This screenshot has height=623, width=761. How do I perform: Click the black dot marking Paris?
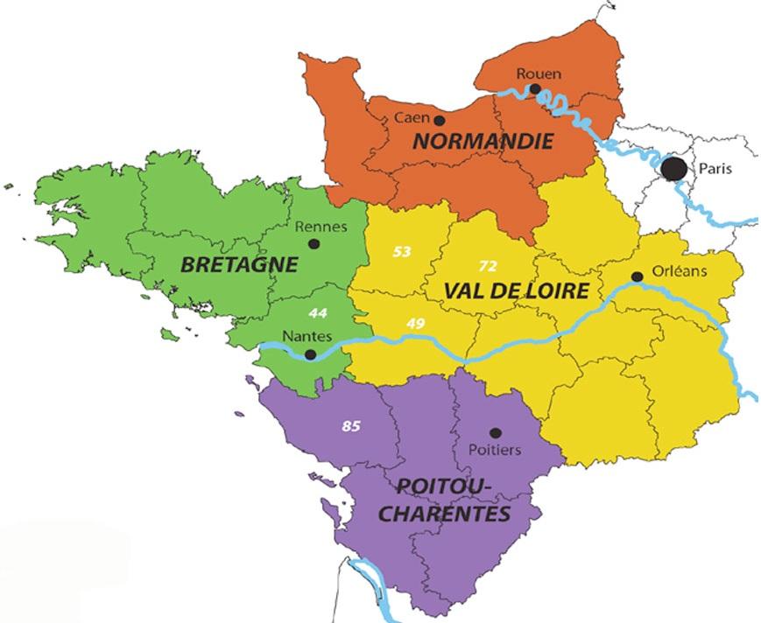coord(673,168)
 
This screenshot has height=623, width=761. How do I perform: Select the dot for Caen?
coord(439,121)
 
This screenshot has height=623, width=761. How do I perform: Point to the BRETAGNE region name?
coord(238,264)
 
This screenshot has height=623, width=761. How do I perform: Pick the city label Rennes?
coord(321,227)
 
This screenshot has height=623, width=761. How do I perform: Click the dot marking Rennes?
coord(314,245)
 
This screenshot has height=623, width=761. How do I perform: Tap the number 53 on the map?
coord(401,252)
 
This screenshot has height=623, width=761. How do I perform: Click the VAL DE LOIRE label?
coord(514,290)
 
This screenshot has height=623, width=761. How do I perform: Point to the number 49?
coord(415,325)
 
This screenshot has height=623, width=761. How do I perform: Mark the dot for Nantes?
coord(310,354)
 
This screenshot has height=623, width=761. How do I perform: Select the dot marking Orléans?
coord(637,276)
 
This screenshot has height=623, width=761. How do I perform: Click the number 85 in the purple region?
coord(351,426)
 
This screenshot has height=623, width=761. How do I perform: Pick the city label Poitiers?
coord(497,450)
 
